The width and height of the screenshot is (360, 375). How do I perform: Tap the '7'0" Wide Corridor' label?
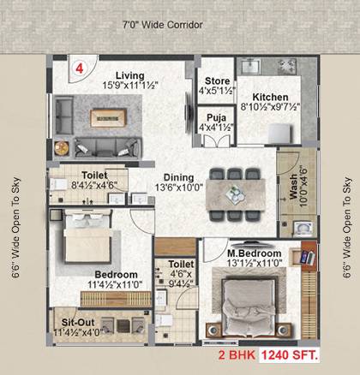point(161,26)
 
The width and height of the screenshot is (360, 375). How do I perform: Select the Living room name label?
point(130,74)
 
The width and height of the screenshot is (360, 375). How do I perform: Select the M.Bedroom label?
point(255,254)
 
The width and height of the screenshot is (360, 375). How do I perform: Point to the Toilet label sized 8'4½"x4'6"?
point(88,174)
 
